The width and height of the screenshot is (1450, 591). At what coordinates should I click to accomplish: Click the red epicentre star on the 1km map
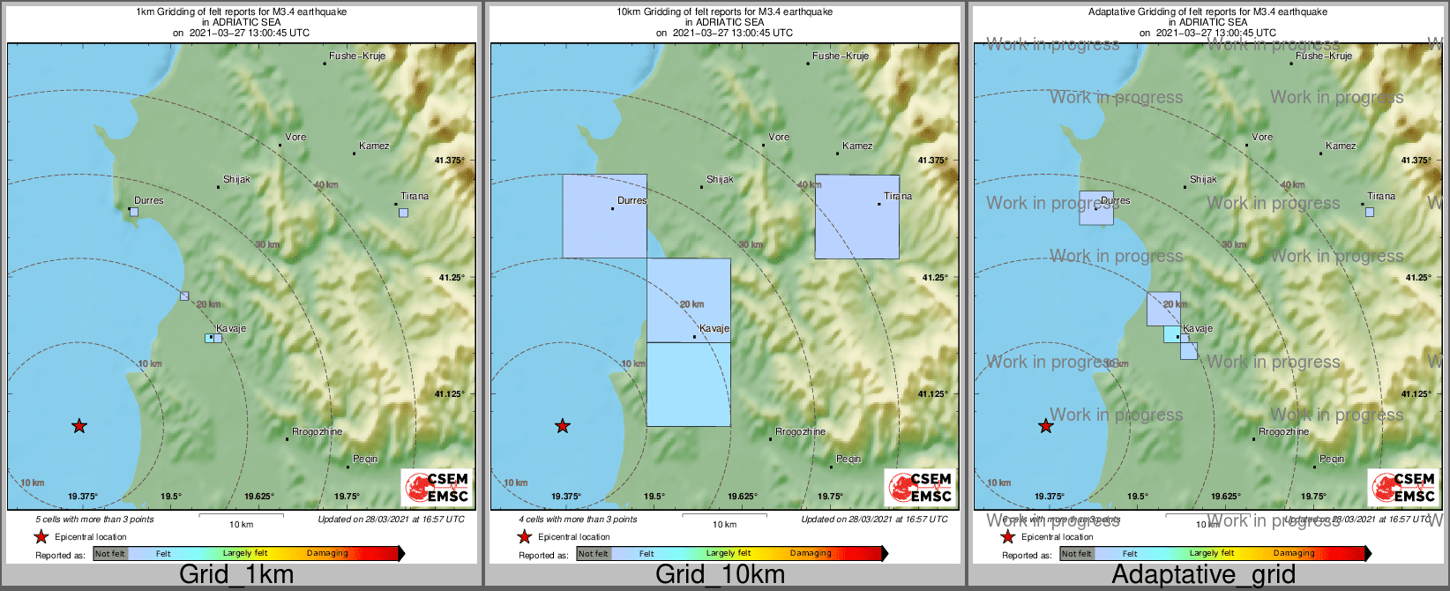(x=79, y=426)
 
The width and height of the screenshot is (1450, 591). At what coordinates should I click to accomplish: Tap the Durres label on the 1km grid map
(x=149, y=200)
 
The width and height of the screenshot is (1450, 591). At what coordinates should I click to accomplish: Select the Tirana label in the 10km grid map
(x=898, y=196)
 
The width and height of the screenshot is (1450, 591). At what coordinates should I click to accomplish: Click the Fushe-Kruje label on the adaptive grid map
(x=1323, y=56)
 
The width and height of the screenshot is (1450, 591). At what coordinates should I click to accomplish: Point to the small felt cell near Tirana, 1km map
(x=403, y=213)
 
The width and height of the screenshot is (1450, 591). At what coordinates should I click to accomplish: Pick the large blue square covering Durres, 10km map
(x=604, y=216)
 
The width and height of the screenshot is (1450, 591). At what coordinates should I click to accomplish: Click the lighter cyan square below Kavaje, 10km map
(x=688, y=385)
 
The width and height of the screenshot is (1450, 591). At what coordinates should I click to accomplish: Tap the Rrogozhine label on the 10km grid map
(x=800, y=431)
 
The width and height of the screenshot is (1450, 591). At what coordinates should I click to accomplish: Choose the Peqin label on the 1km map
(x=365, y=459)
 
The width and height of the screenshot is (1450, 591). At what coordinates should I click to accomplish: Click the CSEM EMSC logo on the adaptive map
(x=1401, y=488)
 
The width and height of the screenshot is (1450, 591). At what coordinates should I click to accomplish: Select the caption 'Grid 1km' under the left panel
(x=236, y=574)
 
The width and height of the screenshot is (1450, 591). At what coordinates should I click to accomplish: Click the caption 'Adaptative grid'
(x=1203, y=574)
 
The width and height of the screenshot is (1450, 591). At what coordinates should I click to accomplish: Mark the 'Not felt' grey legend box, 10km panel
(x=594, y=554)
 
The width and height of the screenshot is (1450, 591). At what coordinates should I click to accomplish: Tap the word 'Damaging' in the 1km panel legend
(x=327, y=553)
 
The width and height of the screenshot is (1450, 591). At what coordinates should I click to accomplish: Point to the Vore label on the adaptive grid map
(x=1262, y=137)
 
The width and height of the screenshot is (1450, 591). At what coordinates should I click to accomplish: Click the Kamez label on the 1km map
(x=374, y=146)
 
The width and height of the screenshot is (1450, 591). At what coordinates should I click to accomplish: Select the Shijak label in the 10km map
(x=720, y=179)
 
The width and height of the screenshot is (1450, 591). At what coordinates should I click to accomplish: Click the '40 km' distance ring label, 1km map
(x=326, y=185)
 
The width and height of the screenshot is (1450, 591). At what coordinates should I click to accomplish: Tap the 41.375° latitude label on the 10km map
(x=932, y=161)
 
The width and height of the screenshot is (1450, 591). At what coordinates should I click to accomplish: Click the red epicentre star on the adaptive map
(x=1046, y=426)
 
